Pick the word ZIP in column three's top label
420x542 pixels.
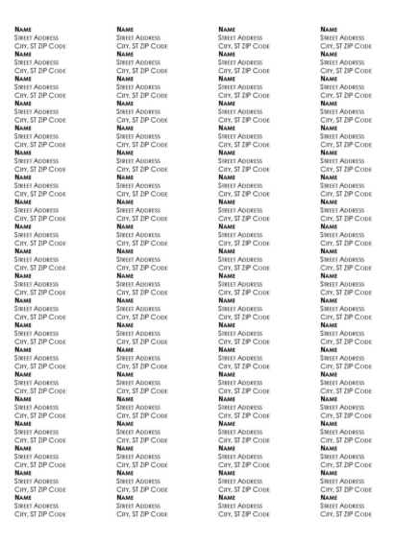(254, 47)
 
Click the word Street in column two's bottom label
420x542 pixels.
(126, 507)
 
